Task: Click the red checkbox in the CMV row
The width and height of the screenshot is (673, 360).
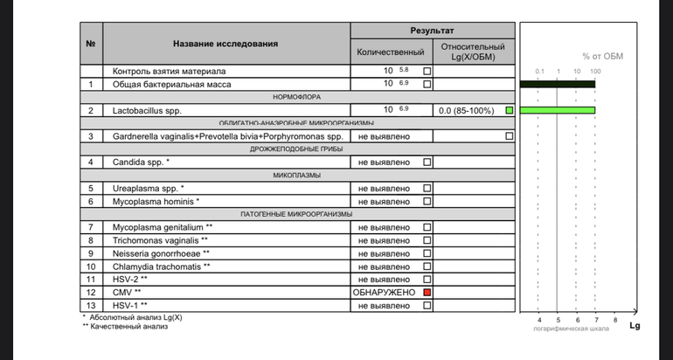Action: point(427,292)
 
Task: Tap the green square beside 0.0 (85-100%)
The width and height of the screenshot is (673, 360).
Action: point(509,111)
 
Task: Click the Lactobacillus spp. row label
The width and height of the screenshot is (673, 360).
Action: point(144,111)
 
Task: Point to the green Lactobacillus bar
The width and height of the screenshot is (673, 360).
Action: point(557,111)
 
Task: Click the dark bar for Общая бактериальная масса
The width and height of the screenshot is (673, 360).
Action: point(557,84)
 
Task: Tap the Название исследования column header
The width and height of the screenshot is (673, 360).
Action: point(225,44)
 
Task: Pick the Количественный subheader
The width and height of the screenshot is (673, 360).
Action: point(391,52)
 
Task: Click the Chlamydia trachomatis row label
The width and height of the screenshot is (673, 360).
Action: point(161,266)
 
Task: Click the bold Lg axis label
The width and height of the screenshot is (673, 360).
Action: point(635,327)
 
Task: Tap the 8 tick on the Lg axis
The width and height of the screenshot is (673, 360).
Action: point(615,320)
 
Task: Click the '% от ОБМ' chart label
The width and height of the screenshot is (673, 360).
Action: point(603,57)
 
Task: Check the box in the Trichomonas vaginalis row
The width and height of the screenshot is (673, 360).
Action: point(427,240)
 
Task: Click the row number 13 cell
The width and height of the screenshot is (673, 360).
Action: point(90,305)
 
